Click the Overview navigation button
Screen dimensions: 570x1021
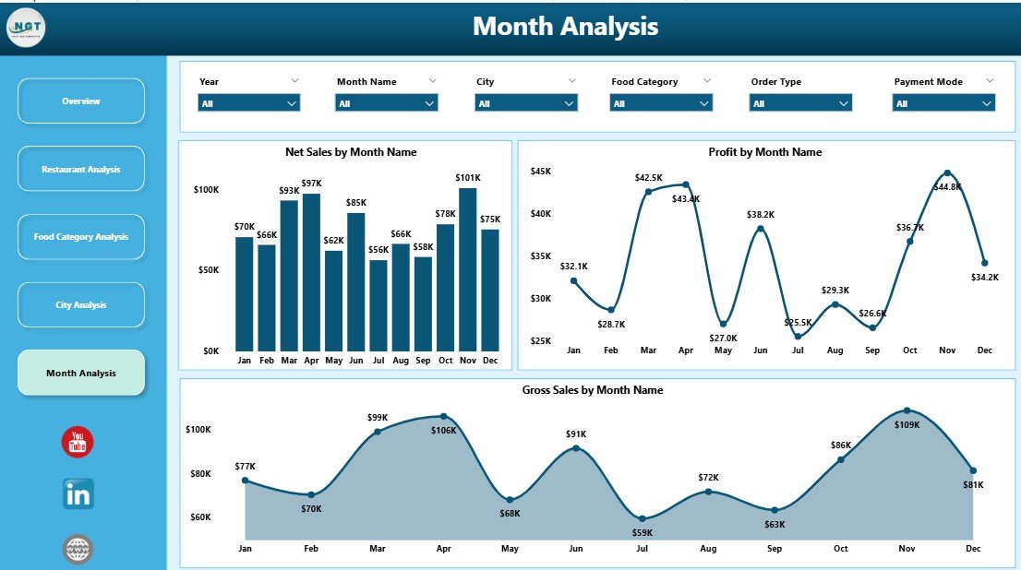(x=81, y=101)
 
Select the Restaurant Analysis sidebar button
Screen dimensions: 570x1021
(x=81, y=169)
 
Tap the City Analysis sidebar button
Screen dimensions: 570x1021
(x=81, y=305)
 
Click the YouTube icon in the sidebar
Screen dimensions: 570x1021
(x=78, y=443)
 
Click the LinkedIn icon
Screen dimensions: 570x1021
(x=78, y=494)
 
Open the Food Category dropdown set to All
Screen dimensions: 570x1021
(x=661, y=103)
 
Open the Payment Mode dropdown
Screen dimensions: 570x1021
(x=943, y=103)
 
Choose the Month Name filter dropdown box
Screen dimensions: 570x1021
(x=387, y=103)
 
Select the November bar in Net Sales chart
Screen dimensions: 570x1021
(x=468, y=269)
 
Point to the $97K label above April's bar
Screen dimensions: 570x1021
(x=311, y=184)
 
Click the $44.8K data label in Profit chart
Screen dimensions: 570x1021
(x=948, y=186)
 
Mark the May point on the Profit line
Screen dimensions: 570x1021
(x=723, y=324)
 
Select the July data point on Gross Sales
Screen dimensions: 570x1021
(x=643, y=519)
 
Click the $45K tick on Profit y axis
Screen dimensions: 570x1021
(x=540, y=171)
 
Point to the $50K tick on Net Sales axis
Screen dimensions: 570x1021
(x=206, y=270)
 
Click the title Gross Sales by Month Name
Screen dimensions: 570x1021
(x=592, y=390)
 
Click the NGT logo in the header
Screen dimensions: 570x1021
(x=25, y=28)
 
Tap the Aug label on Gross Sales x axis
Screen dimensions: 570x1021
(x=708, y=548)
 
